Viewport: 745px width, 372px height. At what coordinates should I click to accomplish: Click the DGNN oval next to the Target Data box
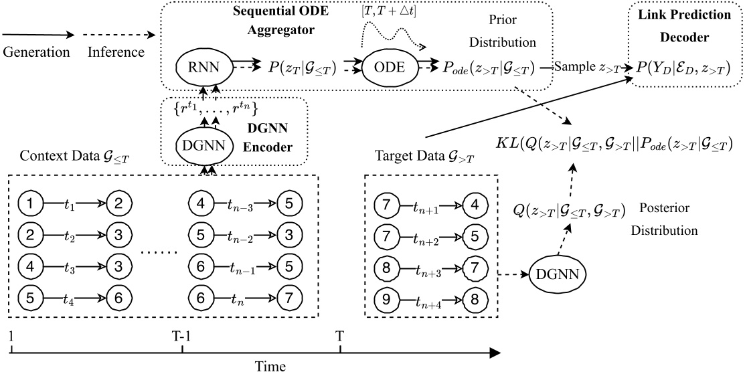click(555, 274)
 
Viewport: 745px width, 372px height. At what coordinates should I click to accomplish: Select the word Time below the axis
click(256, 365)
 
